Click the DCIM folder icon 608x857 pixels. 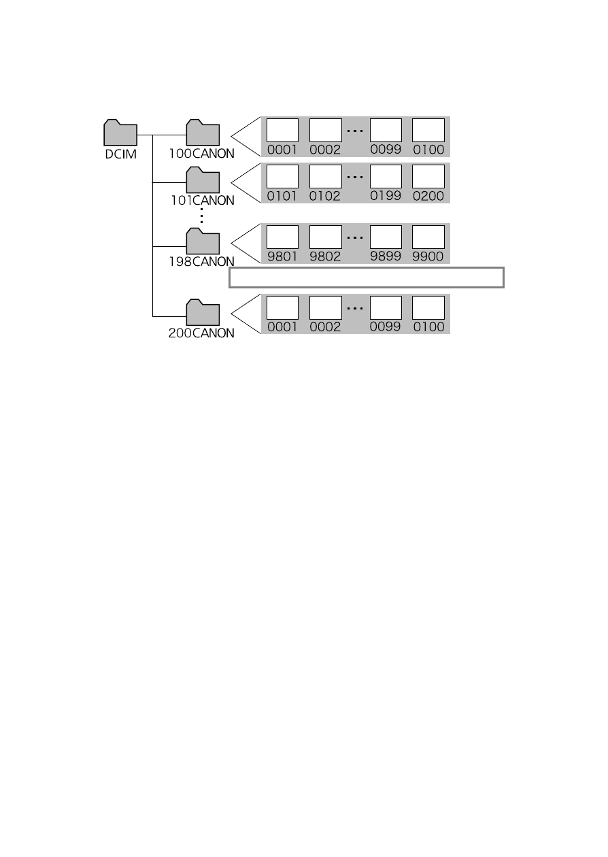pyautogui.click(x=120, y=133)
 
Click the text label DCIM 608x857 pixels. pyautogui.click(x=120, y=154)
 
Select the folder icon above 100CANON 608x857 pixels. pyautogui.click(x=203, y=133)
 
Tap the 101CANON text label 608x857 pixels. pyautogui.click(x=202, y=200)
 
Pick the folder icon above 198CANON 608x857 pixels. pyautogui.click(x=203, y=241)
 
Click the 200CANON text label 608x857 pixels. pyautogui.click(x=201, y=333)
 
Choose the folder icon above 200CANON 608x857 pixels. pyautogui.click(x=203, y=312)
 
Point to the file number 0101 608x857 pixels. pyautogui.click(x=282, y=196)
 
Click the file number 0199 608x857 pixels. pyautogui.click(x=386, y=195)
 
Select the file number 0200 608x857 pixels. pyautogui.click(x=428, y=196)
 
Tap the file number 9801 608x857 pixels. pyautogui.click(x=282, y=256)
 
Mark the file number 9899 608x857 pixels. pyautogui.click(x=386, y=256)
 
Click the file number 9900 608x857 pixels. pyautogui.click(x=428, y=256)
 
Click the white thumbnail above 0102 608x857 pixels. pyautogui.click(x=326, y=176)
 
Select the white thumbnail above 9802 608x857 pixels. pyautogui.click(x=326, y=237)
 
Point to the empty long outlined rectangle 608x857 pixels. pyautogui.click(x=366, y=268)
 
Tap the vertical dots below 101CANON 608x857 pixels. pyautogui.click(x=201, y=216)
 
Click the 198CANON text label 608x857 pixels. pyautogui.click(x=201, y=261)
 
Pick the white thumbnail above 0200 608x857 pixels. pyautogui.click(x=428, y=176)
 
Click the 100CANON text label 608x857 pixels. pyautogui.click(x=201, y=154)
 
